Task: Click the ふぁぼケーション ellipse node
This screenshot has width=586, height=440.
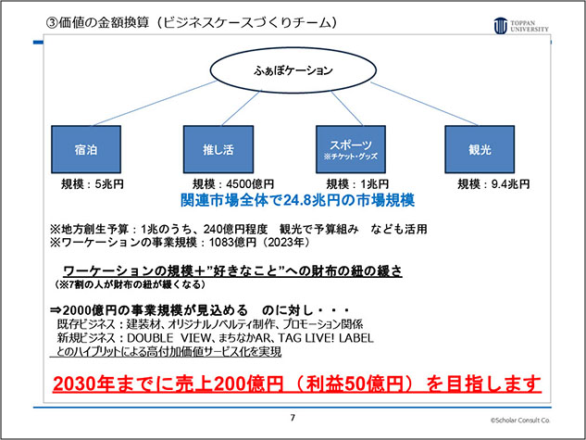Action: (293, 69)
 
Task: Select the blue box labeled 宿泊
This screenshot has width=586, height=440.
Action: (86, 149)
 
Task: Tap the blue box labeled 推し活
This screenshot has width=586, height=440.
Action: (218, 149)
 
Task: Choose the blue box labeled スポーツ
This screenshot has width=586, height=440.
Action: (351, 149)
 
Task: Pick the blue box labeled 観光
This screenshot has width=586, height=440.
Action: (480, 149)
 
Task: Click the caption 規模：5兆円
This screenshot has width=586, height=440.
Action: (93, 184)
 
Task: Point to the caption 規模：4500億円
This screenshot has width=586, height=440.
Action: (233, 184)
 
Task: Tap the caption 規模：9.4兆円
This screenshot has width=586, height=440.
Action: (493, 184)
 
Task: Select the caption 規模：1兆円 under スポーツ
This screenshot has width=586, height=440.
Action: (357, 184)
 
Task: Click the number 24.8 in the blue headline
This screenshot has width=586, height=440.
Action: (297, 200)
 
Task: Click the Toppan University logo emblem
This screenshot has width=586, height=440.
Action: (501, 26)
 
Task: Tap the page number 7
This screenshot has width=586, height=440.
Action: (293, 418)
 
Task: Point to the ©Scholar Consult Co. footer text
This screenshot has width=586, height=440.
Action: (520, 421)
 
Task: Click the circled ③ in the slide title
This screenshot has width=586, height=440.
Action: (52, 23)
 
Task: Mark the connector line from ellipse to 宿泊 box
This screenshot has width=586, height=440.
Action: (155, 103)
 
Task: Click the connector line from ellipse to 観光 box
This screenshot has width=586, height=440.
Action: (424, 104)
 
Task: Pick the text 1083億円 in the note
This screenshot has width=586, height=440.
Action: (232, 243)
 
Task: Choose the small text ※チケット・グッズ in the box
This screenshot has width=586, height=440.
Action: (351, 157)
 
